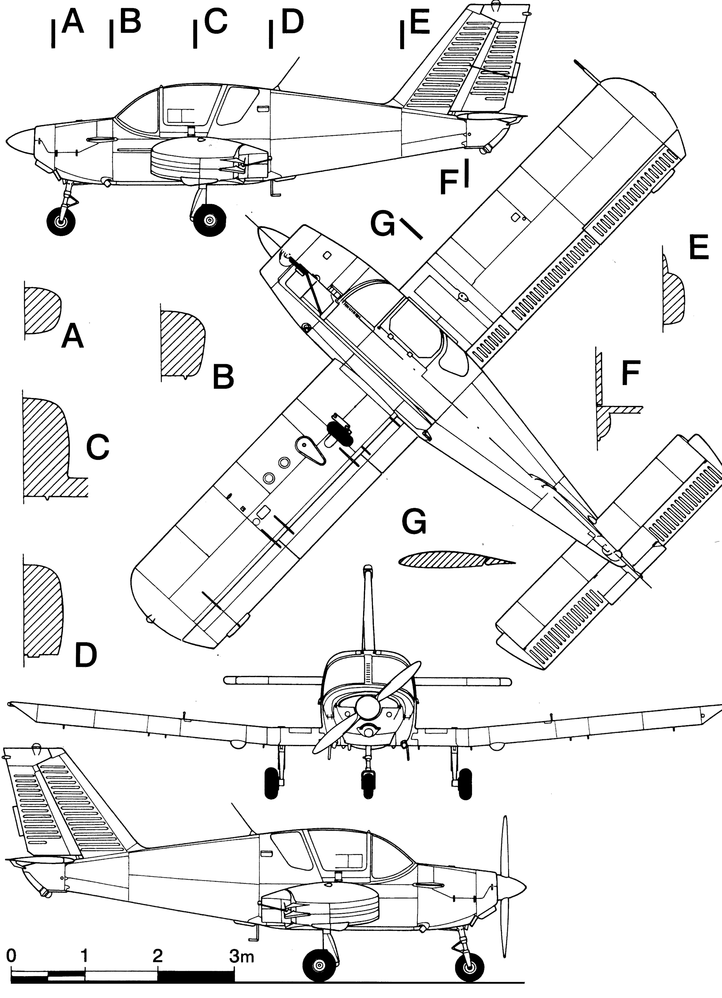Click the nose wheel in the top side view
[x=61, y=221]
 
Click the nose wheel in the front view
[x=368, y=784]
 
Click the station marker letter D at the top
[x=293, y=22]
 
